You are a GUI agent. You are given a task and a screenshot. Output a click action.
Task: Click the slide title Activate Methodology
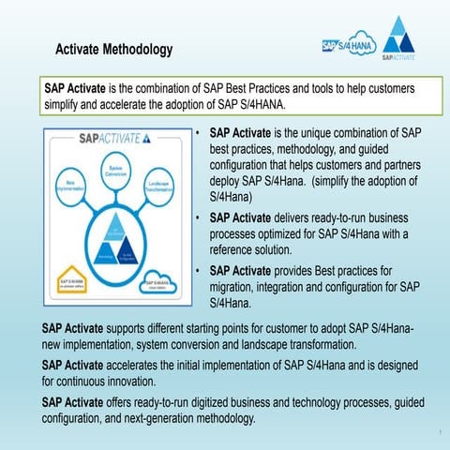[x=113, y=48]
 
